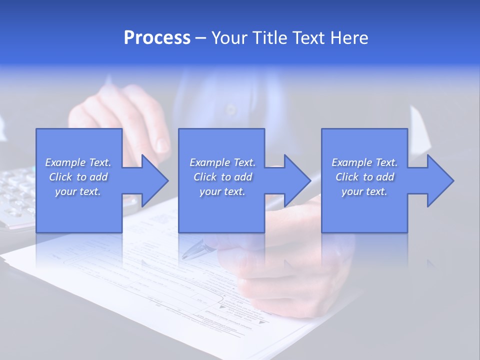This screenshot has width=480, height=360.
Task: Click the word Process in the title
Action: (157, 38)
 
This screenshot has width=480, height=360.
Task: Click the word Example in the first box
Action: (65, 162)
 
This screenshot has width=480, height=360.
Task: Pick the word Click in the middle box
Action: (205, 177)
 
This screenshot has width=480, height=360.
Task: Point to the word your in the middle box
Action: (210, 191)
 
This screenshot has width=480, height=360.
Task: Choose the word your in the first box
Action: (66, 191)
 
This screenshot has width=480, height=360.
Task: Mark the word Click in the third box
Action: (347, 177)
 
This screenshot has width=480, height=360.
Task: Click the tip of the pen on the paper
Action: (184, 256)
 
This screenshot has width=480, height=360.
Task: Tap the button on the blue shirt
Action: (230, 108)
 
